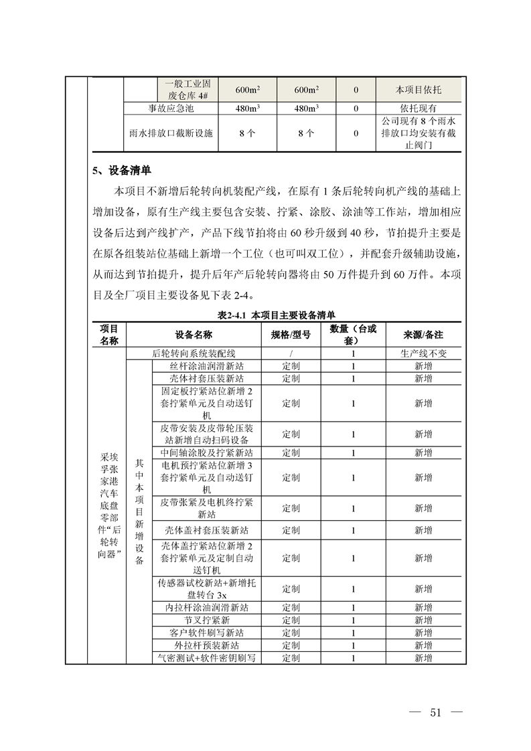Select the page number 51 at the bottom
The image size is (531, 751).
(x=436, y=712)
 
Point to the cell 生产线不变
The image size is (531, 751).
(x=423, y=353)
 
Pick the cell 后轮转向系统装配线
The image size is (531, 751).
(x=194, y=353)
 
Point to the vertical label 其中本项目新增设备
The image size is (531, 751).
(x=139, y=512)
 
